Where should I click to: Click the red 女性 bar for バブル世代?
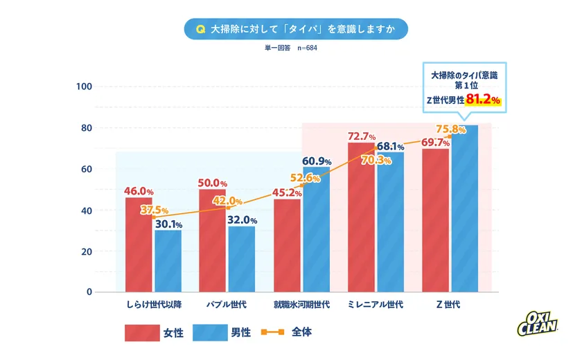coord(212,241)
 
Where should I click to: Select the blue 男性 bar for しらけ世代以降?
coord(168,261)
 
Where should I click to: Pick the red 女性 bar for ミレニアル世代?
coord(361,217)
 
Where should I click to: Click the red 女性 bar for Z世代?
coord(435,220)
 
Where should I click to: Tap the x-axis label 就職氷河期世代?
coord(301,305)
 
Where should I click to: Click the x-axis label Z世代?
coord(448,305)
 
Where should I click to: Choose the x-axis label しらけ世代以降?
coord(154,305)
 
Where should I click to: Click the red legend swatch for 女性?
coord(142,332)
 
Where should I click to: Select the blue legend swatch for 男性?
coord(209,332)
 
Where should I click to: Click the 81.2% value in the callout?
coord(483,100)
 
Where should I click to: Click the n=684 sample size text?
coord(307,48)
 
